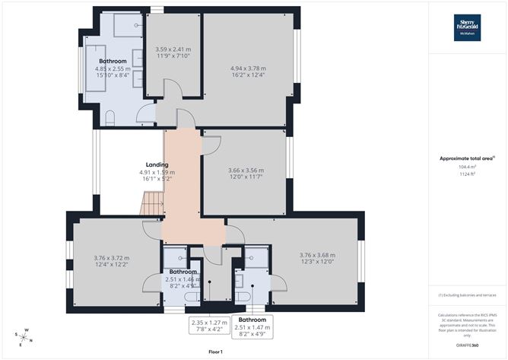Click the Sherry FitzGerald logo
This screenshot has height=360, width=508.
click(467, 27)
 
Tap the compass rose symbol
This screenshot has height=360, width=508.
click(24, 335)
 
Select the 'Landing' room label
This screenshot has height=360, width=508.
click(157, 164)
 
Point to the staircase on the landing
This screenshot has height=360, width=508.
click(154, 204)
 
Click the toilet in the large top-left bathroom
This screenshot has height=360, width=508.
click(112, 116)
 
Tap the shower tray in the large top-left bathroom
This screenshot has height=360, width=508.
click(125, 25)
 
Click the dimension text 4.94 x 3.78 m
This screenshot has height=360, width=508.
click(248, 68)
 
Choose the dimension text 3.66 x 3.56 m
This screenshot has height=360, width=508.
click(246, 170)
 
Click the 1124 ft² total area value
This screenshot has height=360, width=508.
click(466, 174)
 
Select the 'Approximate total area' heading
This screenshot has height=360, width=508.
click(466, 158)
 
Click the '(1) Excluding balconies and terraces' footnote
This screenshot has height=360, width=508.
click(466, 295)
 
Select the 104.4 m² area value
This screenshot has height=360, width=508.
click(466, 167)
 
